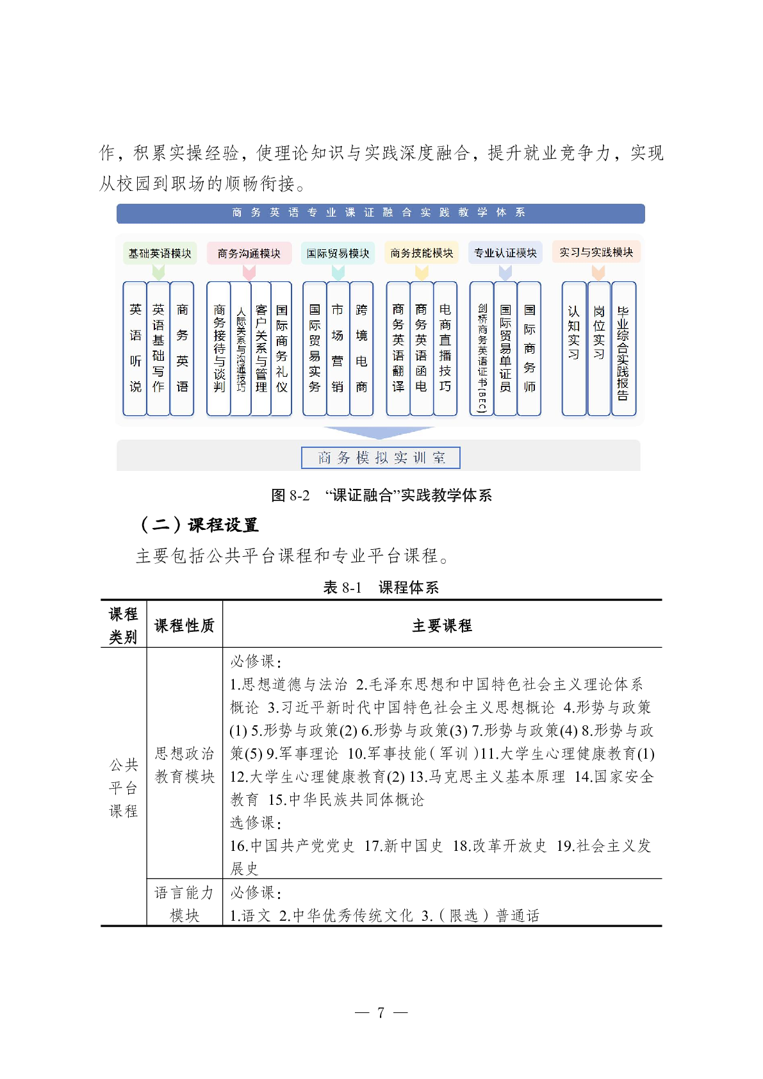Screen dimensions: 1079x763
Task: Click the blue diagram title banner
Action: pos(381,213)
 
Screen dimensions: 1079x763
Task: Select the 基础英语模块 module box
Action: pos(160,253)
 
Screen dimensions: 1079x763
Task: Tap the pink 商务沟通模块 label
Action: pos(249,253)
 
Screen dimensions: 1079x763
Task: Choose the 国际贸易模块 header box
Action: pos(338,253)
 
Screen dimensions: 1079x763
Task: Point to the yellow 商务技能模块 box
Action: pos(422,253)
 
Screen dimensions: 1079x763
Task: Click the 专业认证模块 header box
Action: pos(505,253)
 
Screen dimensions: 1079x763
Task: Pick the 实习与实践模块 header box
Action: pos(596,252)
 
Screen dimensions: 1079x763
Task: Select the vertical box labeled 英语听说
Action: pos(135,349)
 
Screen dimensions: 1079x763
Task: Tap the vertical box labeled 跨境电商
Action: pos(361,349)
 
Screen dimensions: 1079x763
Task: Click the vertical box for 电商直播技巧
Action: pos(445,349)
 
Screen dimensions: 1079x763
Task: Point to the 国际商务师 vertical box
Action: pos(529,349)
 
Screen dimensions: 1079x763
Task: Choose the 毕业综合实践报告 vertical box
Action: pos(623,349)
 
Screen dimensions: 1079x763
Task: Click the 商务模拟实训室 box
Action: pos(381,457)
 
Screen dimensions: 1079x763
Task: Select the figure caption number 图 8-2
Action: pos(291,495)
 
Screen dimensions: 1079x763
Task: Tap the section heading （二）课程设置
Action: pos(199,525)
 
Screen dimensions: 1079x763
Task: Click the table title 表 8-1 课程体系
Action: pos(381,588)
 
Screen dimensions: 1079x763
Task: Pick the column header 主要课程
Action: pos(442,625)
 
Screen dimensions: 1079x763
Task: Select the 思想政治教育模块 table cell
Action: pos(185,764)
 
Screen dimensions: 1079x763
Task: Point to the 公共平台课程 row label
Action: pos(124,787)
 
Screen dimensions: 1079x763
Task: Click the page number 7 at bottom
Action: pos(381,1012)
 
